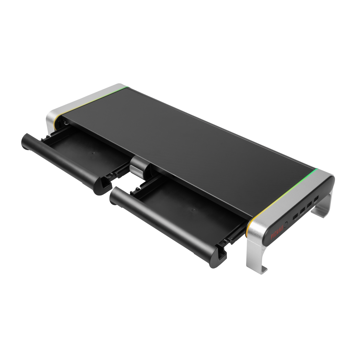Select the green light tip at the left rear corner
(x=128, y=86)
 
